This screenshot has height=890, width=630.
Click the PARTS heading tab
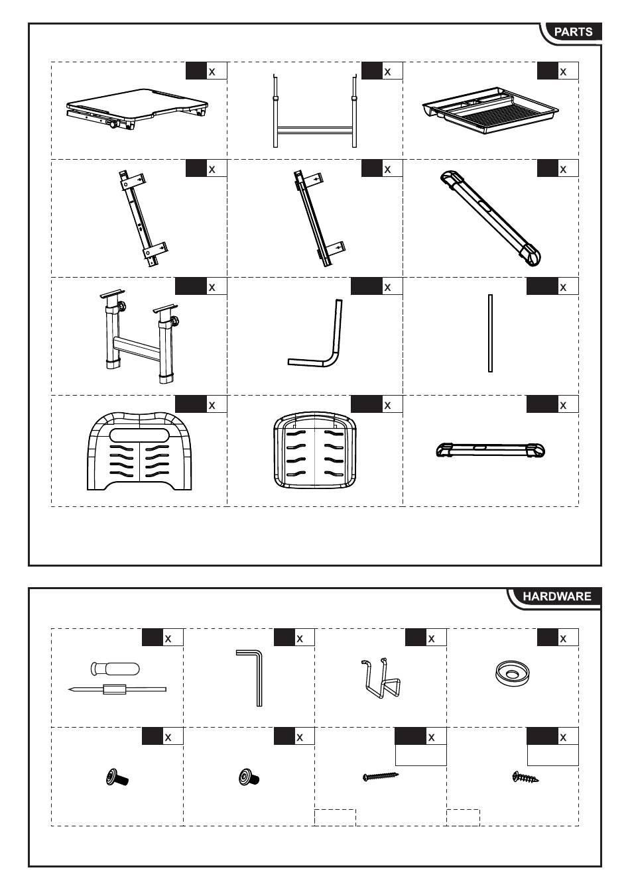tap(573, 32)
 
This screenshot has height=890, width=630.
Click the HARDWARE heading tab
tap(556, 596)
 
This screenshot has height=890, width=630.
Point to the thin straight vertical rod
tap(490, 333)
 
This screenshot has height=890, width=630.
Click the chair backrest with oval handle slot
tap(139, 451)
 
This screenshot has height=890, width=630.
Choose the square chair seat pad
tap(315, 450)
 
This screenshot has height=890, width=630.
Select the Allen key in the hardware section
tap(252, 677)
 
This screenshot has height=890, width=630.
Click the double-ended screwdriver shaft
tap(117, 689)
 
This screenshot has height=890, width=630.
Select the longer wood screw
tap(381, 776)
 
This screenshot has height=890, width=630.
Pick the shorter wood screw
tap(525, 776)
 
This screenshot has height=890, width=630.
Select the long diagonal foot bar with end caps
tap(491, 218)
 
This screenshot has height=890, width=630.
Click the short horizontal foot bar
tap(491, 451)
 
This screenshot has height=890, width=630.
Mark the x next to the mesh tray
tap(563, 72)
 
